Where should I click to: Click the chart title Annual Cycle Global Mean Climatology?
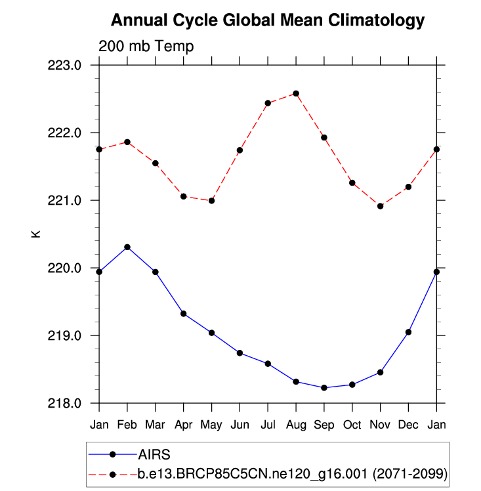point(268,20)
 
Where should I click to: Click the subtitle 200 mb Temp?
point(146,46)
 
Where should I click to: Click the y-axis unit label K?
point(37,234)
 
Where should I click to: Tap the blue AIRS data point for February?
point(127,247)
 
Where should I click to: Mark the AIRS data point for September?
point(324,387)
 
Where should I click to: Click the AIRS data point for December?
point(408,332)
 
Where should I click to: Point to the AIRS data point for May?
point(211,333)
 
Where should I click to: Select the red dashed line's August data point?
point(296,93)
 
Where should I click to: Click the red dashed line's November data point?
point(381,206)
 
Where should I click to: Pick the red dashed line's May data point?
point(211,201)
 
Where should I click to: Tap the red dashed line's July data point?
point(268,103)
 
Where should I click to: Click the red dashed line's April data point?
point(184,196)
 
